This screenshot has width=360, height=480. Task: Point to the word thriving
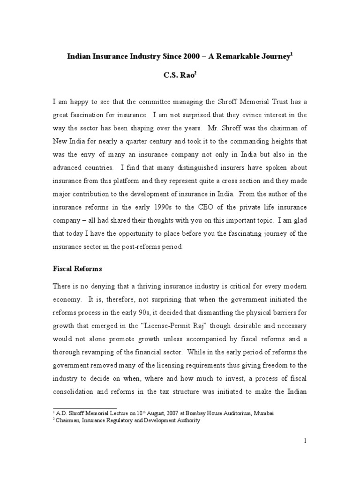tap(143, 286)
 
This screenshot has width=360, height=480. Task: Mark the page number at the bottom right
tap(305, 441)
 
